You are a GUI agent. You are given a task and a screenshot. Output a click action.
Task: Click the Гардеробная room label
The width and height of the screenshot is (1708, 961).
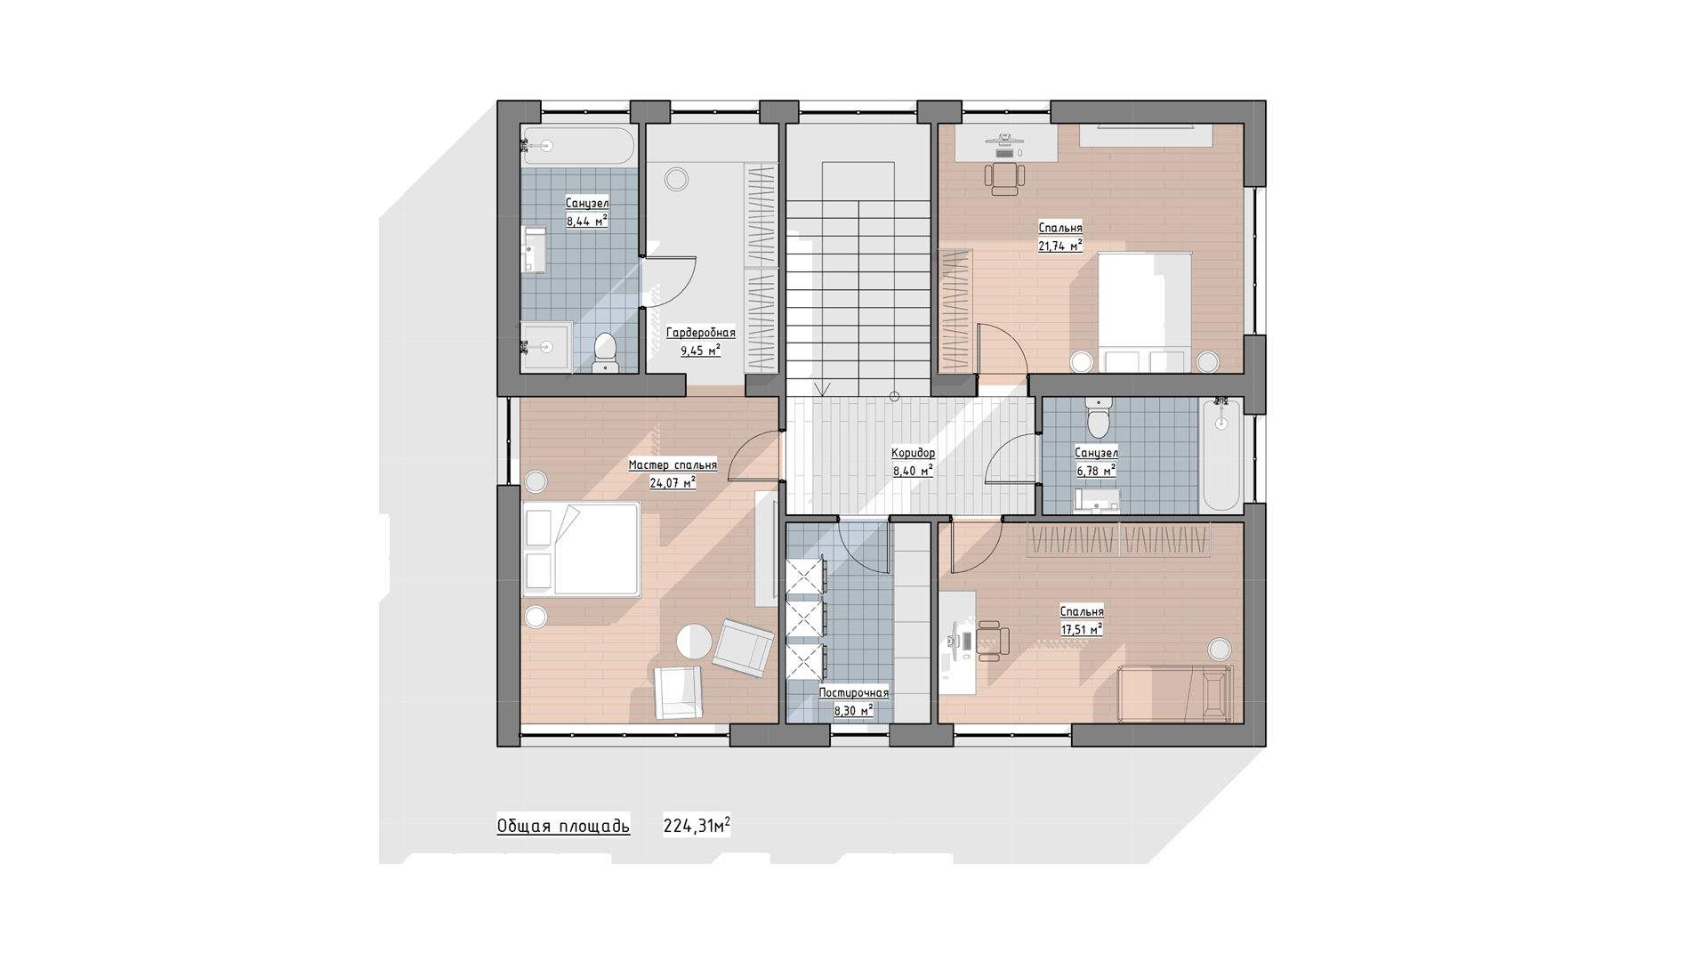[x=701, y=333]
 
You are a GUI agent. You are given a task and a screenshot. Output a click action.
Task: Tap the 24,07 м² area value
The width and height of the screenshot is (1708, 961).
[x=673, y=483]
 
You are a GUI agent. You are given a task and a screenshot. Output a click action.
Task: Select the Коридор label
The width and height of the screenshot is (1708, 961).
[x=914, y=454]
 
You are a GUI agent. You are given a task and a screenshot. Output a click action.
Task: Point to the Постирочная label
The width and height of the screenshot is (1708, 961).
[x=854, y=693]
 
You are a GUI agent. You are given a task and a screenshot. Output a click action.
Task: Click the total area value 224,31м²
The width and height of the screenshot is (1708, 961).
[x=697, y=826]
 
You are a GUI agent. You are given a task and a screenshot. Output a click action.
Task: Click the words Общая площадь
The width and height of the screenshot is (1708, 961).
[x=563, y=827]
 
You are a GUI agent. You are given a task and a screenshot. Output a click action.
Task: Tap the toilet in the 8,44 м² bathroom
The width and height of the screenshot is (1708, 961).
[x=605, y=352]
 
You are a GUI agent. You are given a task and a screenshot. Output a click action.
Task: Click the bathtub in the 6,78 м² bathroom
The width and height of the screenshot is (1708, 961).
[x=1221, y=455]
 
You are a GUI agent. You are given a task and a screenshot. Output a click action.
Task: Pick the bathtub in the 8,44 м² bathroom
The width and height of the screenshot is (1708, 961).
[x=579, y=145]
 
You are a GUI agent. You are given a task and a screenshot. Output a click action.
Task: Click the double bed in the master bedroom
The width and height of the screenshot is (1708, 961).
[x=581, y=549]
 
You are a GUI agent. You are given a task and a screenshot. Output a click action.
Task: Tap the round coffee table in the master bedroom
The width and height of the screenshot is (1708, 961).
[x=694, y=641]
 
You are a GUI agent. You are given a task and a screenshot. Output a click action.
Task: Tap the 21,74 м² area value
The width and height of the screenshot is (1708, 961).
[x=1060, y=246]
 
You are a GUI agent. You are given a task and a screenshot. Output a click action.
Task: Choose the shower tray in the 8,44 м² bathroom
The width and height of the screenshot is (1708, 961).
[x=547, y=346]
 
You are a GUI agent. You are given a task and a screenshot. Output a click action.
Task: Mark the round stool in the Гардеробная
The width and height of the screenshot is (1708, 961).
[x=677, y=179]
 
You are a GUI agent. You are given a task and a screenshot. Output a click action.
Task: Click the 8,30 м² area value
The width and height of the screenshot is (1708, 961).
[x=853, y=710]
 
